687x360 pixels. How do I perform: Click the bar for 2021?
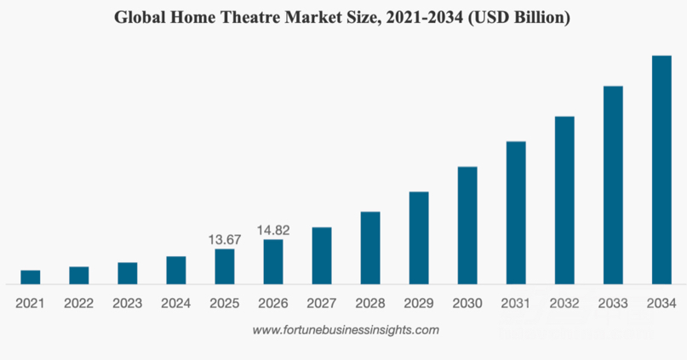[31, 277]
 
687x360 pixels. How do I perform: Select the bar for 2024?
[176, 271]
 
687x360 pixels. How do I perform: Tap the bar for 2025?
[225, 266]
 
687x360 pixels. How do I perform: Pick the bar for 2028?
[370, 248]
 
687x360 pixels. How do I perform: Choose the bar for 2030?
[467, 226]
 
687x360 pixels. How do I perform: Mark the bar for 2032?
[564, 200]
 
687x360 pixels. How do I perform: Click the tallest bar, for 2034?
[661, 170]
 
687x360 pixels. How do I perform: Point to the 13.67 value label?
[225, 239]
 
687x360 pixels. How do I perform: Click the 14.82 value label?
[273, 230]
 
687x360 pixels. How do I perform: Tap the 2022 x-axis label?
[79, 303]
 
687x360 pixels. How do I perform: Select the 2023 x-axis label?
[128, 303]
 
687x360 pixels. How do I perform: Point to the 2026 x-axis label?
[273, 303]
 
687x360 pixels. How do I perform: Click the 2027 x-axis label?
[322, 303]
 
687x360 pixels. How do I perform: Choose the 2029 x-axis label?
[419, 303]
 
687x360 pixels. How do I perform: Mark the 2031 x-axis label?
[516, 303]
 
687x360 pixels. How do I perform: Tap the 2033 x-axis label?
[613, 303]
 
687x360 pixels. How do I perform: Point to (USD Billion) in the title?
[518, 18]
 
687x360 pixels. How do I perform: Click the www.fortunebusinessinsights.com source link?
[346, 329]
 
